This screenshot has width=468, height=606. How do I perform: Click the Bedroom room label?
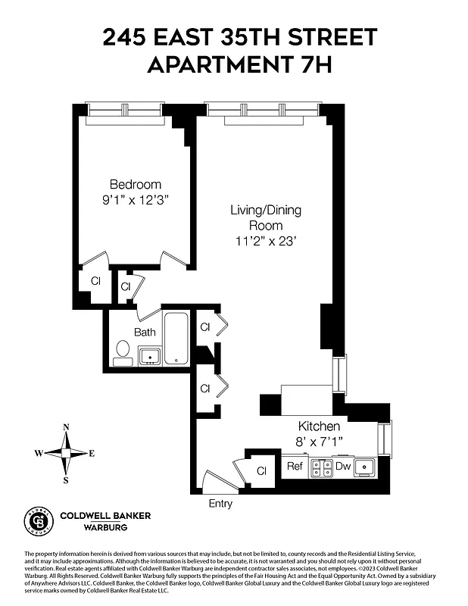click(x=136, y=184)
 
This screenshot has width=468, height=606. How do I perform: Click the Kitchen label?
click(x=318, y=426)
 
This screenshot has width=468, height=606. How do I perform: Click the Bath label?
click(x=145, y=332)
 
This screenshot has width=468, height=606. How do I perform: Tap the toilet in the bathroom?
click(x=122, y=351)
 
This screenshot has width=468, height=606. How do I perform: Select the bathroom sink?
click(x=149, y=355)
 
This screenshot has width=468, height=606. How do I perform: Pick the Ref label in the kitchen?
click(x=295, y=467)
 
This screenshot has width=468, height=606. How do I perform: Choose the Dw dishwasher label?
click(x=343, y=467)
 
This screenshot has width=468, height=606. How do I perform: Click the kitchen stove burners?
click(x=321, y=468)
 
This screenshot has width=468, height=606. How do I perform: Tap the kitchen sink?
click(x=367, y=467)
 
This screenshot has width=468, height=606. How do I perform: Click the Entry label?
click(x=220, y=504)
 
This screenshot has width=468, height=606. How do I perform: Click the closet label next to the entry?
click(x=261, y=471)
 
